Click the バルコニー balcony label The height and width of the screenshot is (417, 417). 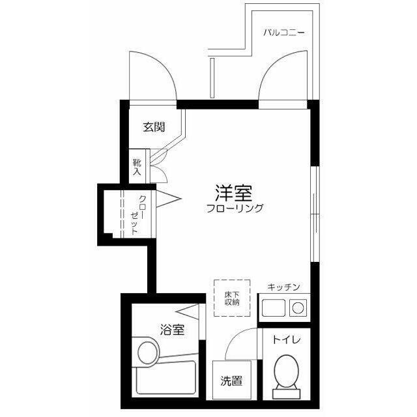tap(284, 31)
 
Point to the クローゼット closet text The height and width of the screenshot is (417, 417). tap(138, 214)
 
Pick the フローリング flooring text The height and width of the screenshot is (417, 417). tap(235, 208)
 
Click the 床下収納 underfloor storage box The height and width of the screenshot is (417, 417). tap(232, 298)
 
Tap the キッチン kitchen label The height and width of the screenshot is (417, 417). tap(283, 287)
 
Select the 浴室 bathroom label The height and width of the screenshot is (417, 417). tap(171, 330)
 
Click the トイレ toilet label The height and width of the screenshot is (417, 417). tap(286, 339)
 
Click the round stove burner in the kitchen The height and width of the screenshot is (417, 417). tap(300, 306)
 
